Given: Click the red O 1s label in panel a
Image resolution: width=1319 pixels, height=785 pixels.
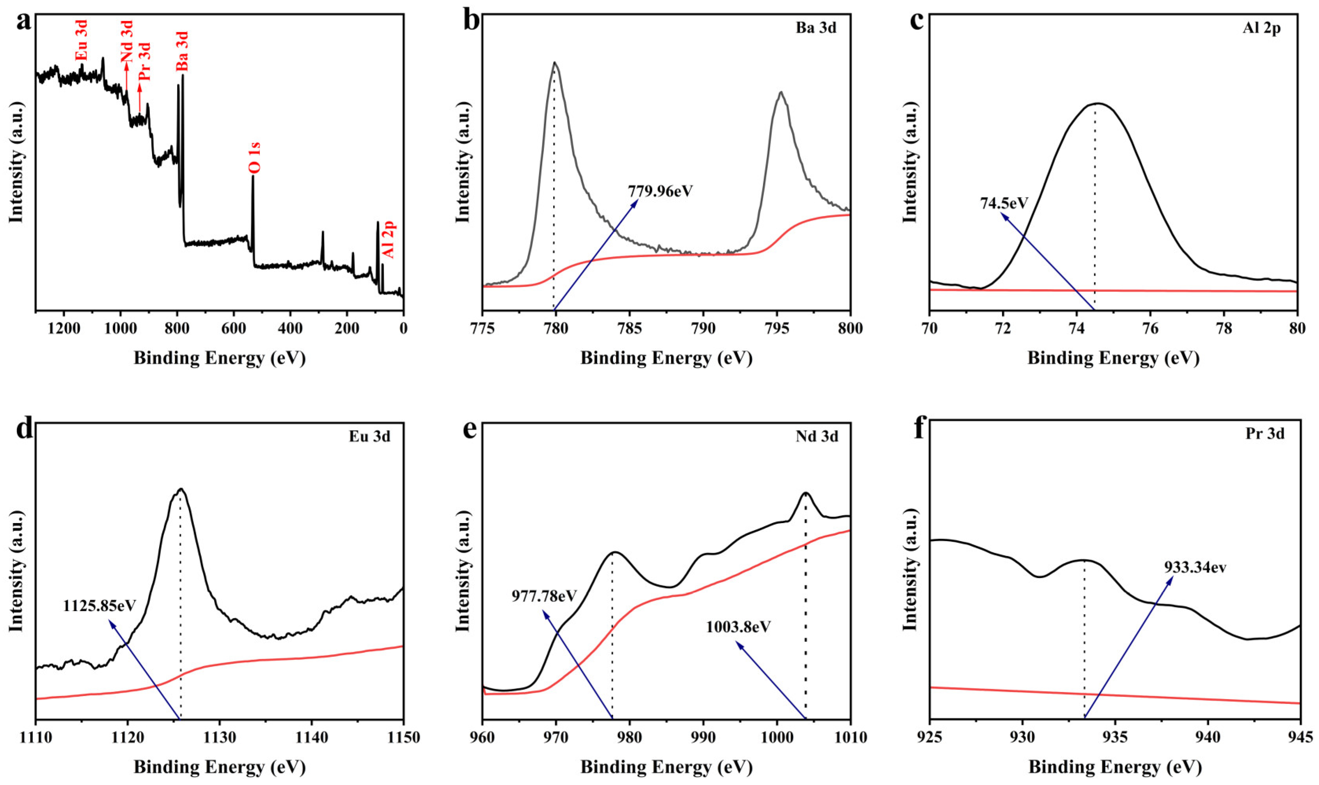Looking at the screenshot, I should [x=254, y=158].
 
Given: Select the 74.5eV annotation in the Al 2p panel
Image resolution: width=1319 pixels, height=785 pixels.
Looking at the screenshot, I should [x=1004, y=203].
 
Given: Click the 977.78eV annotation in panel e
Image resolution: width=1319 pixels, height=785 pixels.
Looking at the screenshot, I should [x=544, y=596].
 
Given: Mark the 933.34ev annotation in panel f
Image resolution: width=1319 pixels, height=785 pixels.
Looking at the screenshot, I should [x=1195, y=568].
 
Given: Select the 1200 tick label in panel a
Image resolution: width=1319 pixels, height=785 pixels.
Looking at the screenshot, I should [x=63, y=328].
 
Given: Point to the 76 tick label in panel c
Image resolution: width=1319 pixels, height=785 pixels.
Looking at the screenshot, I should [x=1150, y=328].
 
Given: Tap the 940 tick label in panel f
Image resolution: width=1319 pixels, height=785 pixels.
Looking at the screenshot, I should [x=1207, y=737].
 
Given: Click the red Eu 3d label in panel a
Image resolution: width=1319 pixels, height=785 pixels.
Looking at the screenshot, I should [x=81, y=40].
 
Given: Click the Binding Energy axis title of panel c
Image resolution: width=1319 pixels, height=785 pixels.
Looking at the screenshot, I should [x=1113, y=358].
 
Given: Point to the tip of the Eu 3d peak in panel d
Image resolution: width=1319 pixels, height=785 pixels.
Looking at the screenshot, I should [x=181, y=489].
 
